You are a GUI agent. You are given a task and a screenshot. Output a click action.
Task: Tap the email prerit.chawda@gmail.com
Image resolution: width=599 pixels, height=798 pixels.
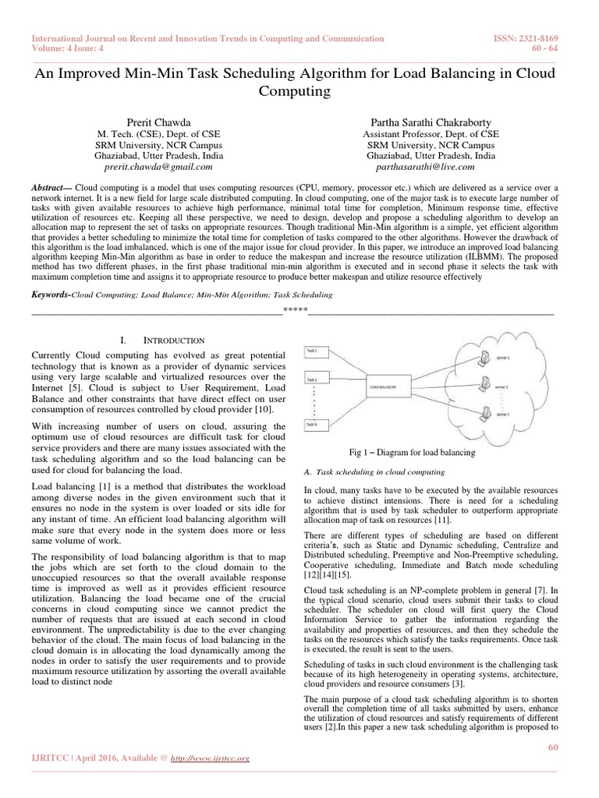pyautogui.click(x=158, y=166)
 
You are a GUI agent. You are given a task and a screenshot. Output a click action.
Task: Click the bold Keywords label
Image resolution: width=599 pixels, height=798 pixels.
pyautogui.click(x=51, y=295)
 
